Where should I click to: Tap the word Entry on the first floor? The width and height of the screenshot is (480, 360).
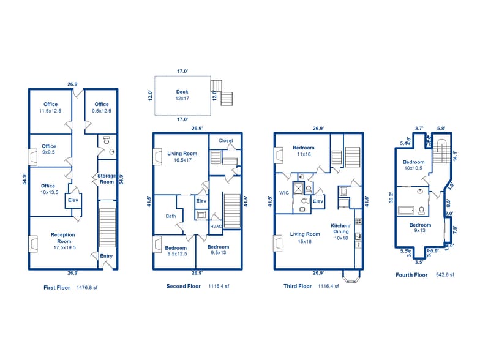tap(106, 256)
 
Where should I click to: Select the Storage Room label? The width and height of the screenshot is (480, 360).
tap(107, 179)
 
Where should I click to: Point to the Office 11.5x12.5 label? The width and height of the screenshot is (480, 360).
tap(51, 107)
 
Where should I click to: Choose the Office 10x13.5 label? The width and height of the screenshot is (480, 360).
tap(48, 189)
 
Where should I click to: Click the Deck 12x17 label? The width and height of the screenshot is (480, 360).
tap(182, 95)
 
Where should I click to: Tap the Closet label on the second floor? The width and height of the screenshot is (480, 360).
tap(225, 141)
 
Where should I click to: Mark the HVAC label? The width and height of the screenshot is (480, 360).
tap(216, 227)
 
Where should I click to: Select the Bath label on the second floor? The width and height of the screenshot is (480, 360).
tap(171, 216)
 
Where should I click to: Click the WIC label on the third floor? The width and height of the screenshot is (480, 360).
tap(283, 193)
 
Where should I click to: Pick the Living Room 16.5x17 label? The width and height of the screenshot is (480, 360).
tap(182, 156)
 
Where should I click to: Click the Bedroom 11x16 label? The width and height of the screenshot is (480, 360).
tap(304, 151)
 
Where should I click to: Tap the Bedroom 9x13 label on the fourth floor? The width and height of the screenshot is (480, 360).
tap(420, 228)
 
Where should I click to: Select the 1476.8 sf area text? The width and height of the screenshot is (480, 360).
tap(87, 287)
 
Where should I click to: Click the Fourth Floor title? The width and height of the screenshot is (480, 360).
tap(411, 275)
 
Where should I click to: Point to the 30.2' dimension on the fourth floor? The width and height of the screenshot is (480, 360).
tap(391, 197)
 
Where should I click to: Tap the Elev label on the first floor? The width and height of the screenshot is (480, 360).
tap(72, 200)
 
